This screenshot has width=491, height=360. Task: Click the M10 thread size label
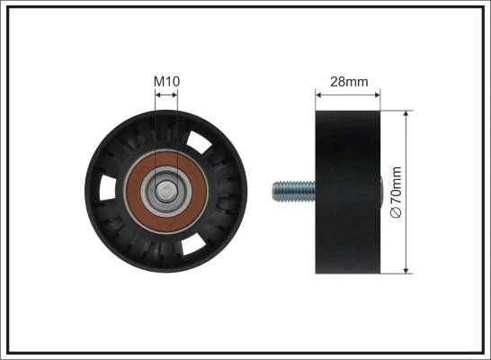[166, 82]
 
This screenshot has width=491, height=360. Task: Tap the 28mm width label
[349, 82]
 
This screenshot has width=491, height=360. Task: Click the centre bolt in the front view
[167, 191]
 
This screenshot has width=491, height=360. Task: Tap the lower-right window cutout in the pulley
[194, 242]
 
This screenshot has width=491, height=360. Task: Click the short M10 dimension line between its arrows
[166, 92]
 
